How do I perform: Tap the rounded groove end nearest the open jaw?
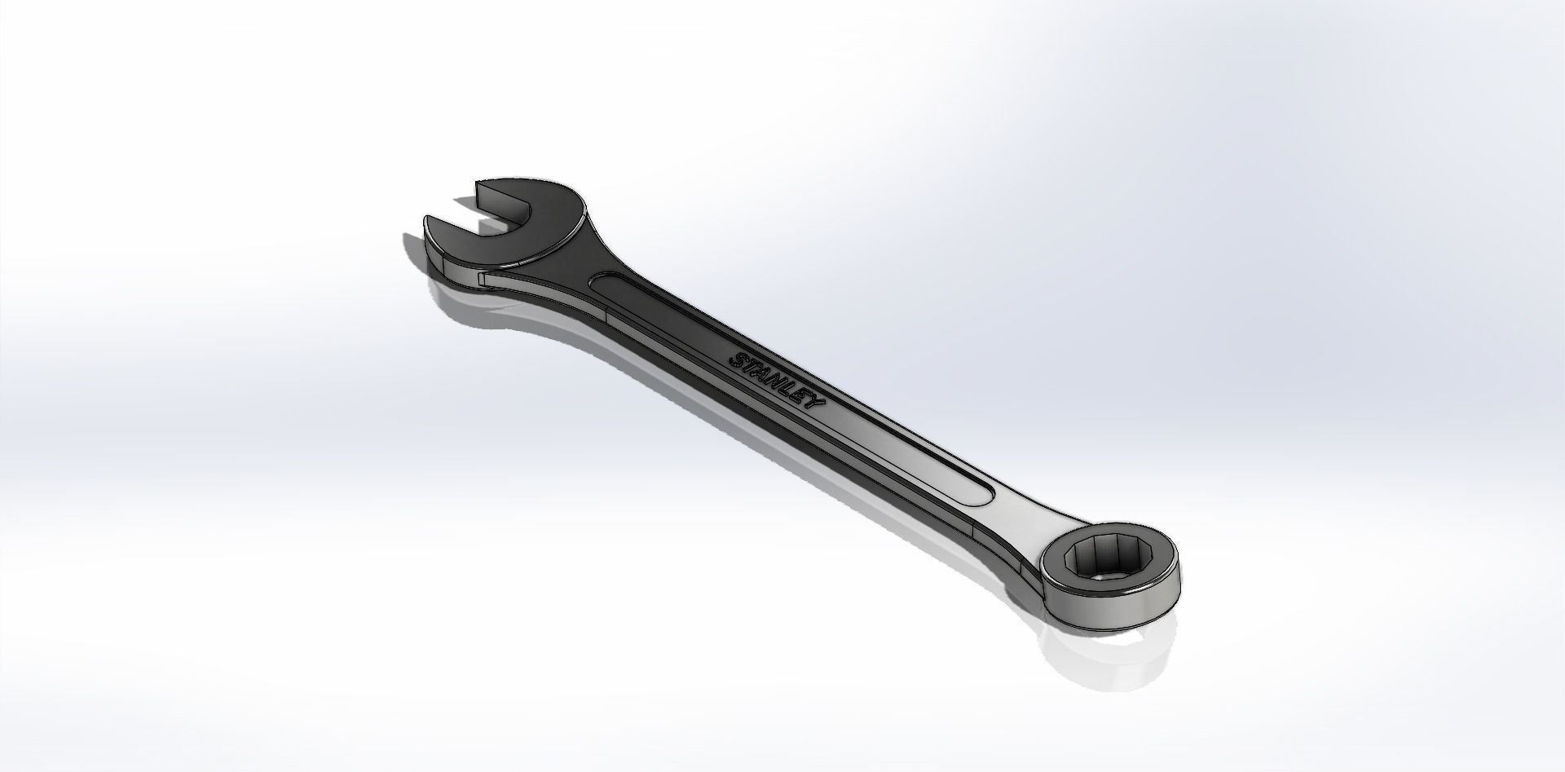tap(602, 281)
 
